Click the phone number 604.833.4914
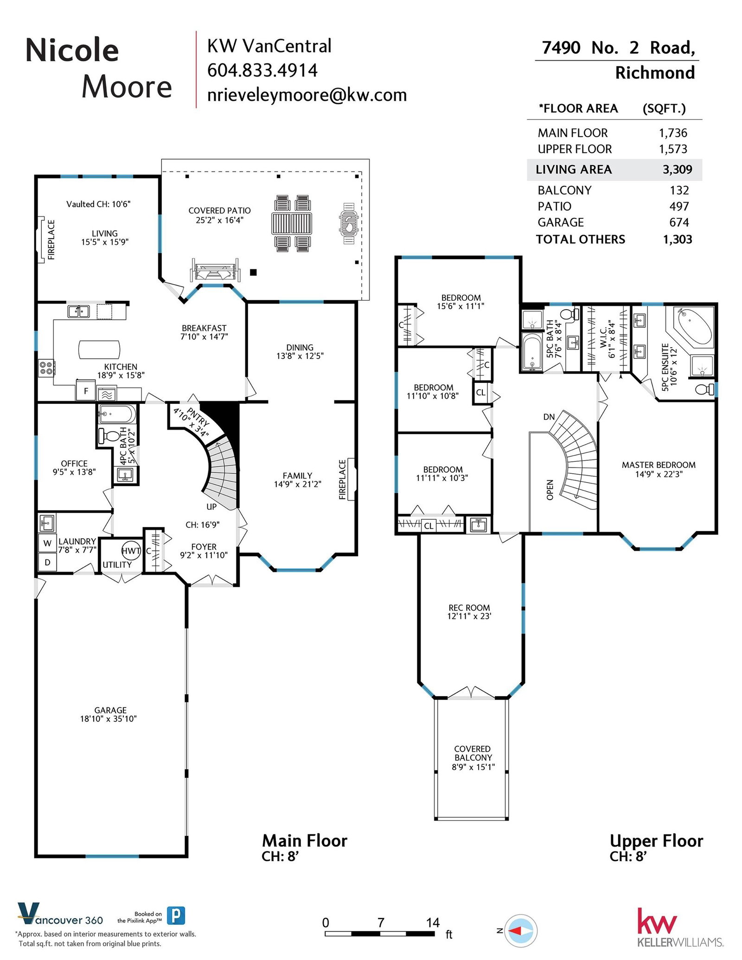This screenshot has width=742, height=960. pos(262,70)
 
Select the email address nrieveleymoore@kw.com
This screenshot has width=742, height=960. pos(307,95)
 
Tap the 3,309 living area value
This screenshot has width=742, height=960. pos(677,170)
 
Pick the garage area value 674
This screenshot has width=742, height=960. pos(679,223)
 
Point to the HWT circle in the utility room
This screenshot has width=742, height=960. pos(131,551)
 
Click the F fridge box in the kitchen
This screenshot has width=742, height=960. pos(86,391)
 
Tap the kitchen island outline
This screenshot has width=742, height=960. pos(99,350)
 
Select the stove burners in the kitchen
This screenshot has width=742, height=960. pos(46,368)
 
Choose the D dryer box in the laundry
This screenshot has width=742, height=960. pos(47,562)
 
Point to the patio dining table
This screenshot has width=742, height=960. pos(292,223)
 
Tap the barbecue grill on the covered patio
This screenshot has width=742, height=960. pos(348,223)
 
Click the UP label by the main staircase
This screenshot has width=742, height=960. pos(211,507)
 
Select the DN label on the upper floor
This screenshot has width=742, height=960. pos(549,417)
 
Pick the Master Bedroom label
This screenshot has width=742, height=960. pos(659,465)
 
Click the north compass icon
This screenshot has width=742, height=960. pos(520,930)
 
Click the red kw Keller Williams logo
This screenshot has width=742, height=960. pos(657,921)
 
